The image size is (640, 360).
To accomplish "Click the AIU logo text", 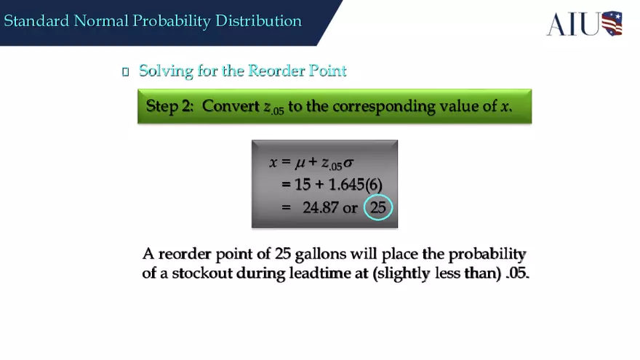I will tap(573, 23).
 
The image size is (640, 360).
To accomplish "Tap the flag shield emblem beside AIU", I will tap(612, 23).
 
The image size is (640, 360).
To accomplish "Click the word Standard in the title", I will tap(37, 20).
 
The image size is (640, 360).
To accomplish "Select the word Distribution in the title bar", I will tap(258, 20).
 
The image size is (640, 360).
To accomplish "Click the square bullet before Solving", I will tap(125, 71).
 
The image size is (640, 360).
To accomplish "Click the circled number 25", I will tap(378, 208).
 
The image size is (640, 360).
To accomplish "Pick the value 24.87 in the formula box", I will tap(320, 208).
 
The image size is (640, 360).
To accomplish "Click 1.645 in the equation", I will tap(348, 185).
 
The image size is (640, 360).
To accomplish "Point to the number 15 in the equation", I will tap(303, 185).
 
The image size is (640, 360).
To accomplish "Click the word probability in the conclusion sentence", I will tap(487, 254).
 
